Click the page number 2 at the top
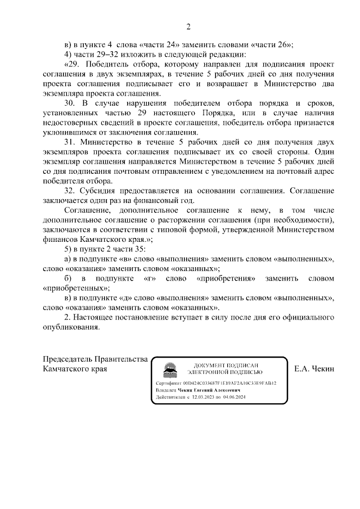pyautogui.click(x=188, y=27)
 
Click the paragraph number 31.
pyautogui.click(x=70, y=143)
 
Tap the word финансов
pyautogui.click(x=61, y=239)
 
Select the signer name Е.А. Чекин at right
pyautogui.click(x=314, y=369)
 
